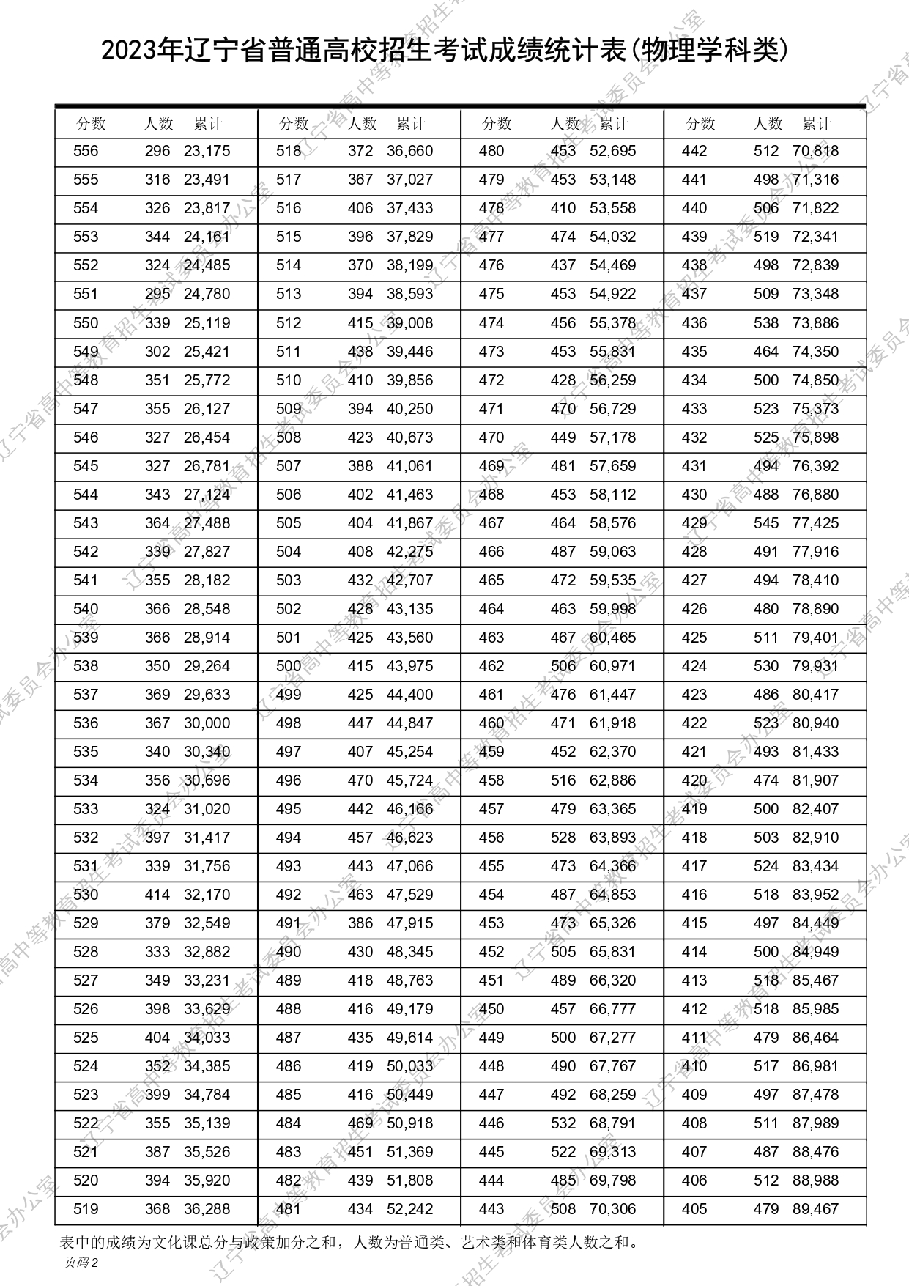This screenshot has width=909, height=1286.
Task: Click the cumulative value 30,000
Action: [x=207, y=723]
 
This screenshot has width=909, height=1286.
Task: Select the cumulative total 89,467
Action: [x=815, y=1209]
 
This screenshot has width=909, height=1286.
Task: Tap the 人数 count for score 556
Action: [x=157, y=151]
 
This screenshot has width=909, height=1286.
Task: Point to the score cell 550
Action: [x=86, y=323]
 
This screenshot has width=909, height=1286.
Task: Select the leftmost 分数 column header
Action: [x=91, y=123]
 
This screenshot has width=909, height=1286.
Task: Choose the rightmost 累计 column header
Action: [x=817, y=123]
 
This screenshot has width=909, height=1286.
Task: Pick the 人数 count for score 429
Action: [x=766, y=523]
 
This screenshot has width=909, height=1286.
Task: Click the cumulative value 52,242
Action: [x=409, y=1209]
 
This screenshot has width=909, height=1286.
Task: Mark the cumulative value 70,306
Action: [x=612, y=1209]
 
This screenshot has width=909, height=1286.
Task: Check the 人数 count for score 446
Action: [x=563, y=1123]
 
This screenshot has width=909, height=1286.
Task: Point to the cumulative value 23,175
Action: [x=207, y=151]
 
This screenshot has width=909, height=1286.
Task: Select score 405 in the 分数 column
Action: [x=694, y=1209]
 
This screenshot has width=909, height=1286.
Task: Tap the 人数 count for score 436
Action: [x=766, y=323]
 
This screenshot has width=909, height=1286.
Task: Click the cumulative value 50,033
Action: [x=409, y=1066]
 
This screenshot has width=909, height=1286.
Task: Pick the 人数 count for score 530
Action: [x=157, y=895]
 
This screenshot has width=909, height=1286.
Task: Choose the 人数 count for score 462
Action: [x=563, y=666]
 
